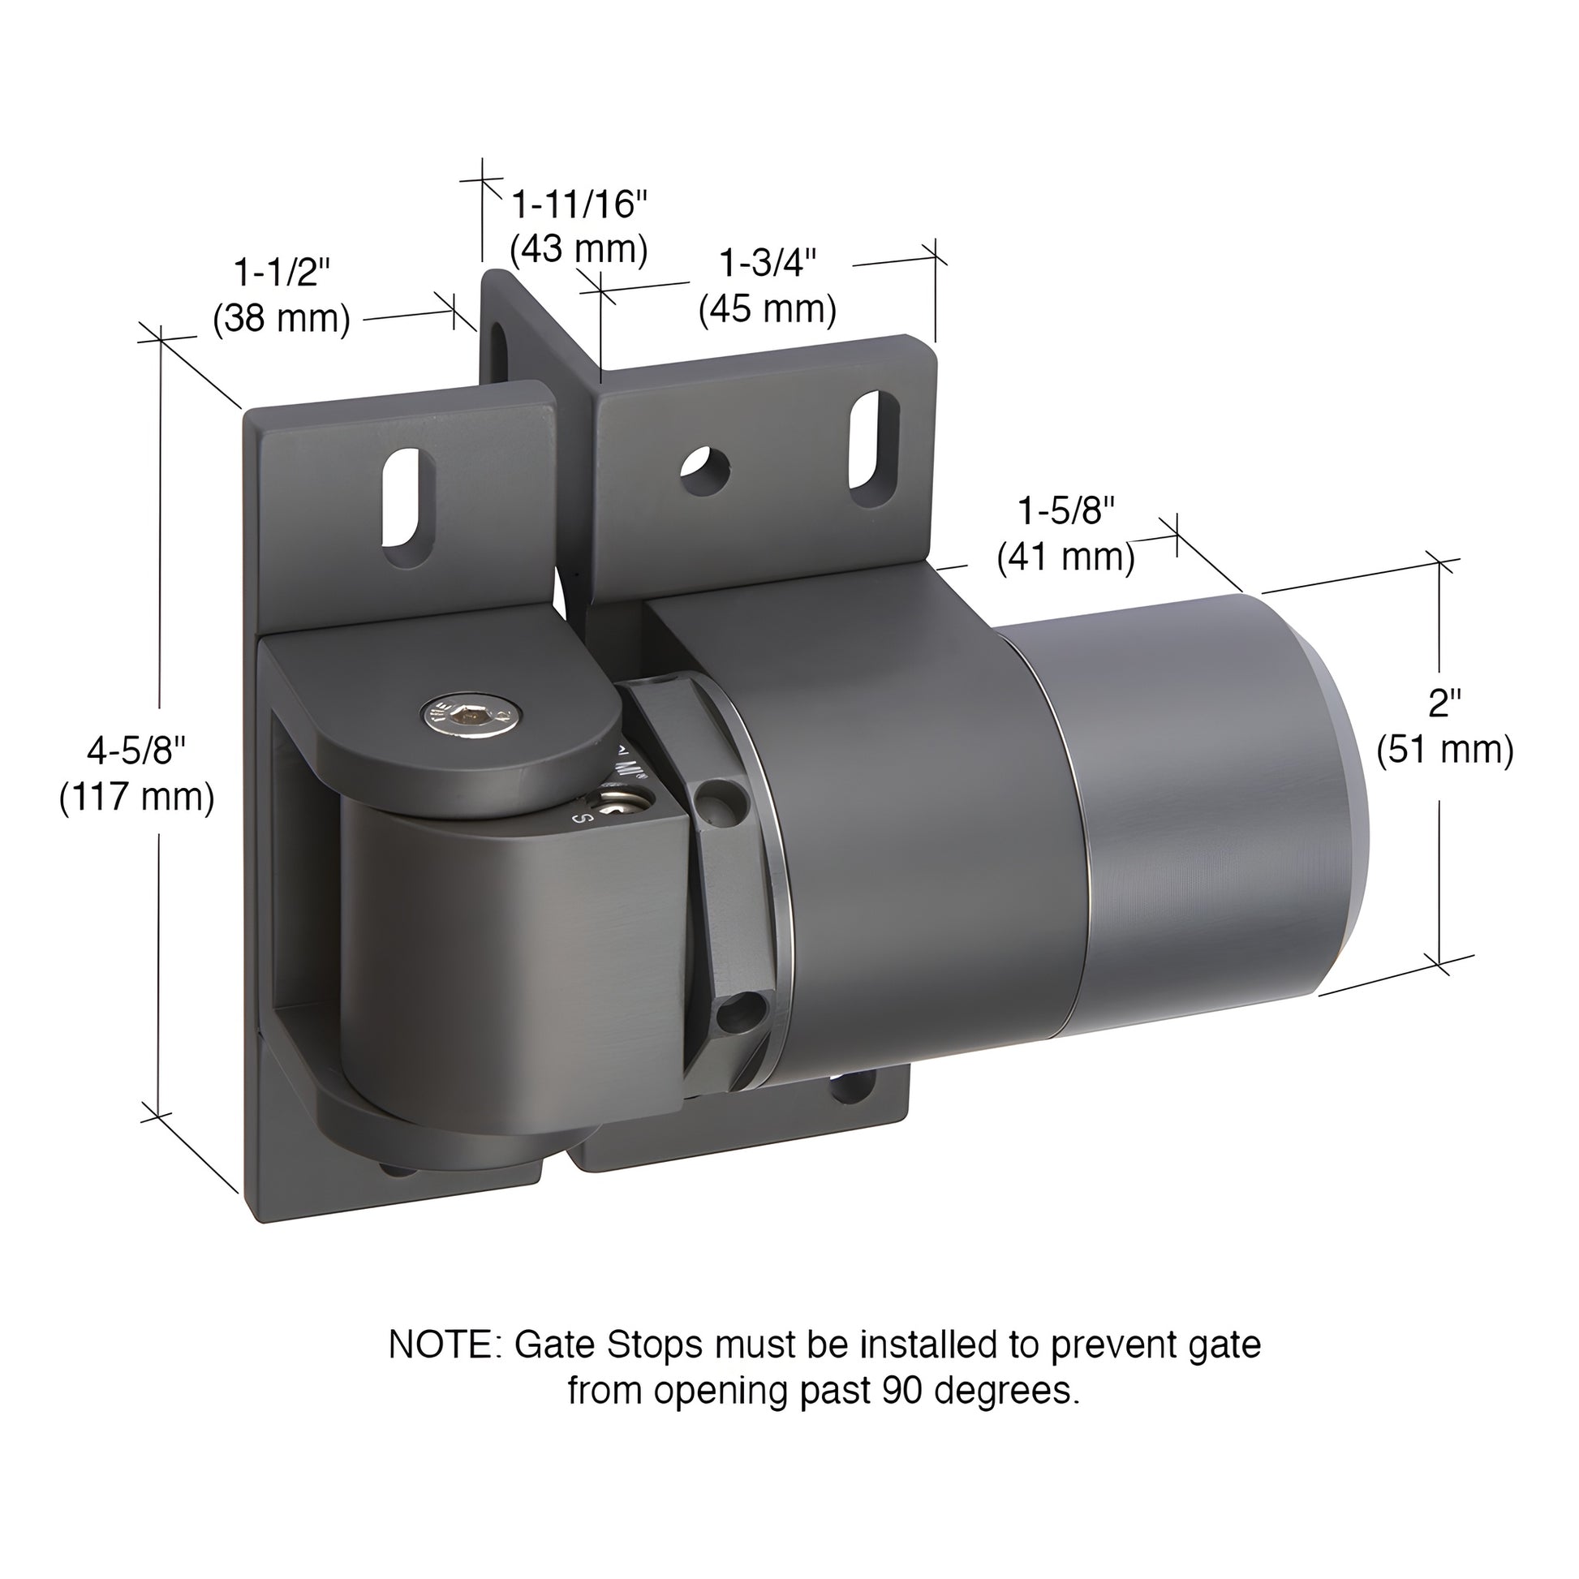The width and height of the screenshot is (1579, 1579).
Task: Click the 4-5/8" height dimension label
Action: [136, 751]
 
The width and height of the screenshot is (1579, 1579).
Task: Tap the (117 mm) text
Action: [136, 796]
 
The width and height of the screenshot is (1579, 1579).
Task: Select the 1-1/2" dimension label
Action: [282, 271]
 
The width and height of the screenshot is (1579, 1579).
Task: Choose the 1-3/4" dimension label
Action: [768, 263]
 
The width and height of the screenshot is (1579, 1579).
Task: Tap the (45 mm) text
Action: [768, 309]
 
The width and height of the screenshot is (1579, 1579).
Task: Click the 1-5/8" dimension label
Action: [1065, 512]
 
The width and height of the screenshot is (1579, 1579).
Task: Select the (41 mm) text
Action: [1065, 557]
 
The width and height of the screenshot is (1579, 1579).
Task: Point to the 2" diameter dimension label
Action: [1444, 703]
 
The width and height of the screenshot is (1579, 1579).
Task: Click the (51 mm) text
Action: [1445, 750]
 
